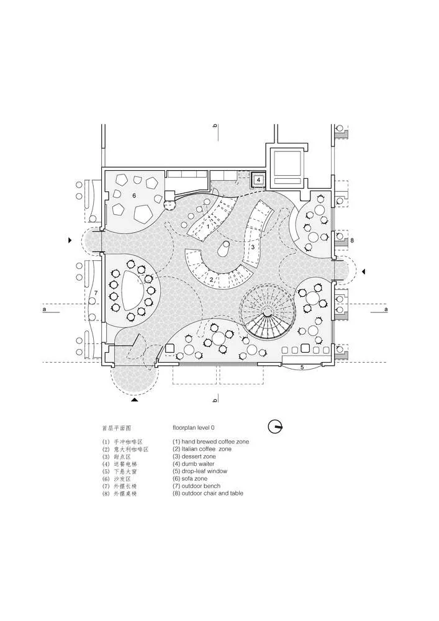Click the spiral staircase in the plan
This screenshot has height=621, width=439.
[x=266, y=313]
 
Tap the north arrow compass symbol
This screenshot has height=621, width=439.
[x=275, y=427]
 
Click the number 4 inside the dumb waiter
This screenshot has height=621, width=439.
[x=258, y=181]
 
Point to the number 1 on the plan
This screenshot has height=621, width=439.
[x=207, y=227]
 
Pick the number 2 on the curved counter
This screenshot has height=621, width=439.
[x=211, y=280]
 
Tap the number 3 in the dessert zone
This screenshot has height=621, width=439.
[x=253, y=247]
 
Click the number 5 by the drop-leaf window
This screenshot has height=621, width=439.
[x=302, y=368]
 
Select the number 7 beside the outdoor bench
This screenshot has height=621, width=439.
[x=96, y=292]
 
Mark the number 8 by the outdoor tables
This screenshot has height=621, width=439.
[x=352, y=240]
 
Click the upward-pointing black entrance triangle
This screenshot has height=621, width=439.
[x=135, y=401]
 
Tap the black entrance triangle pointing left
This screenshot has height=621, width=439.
[x=364, y=271]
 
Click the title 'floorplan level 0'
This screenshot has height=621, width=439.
[x=198, y=428]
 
